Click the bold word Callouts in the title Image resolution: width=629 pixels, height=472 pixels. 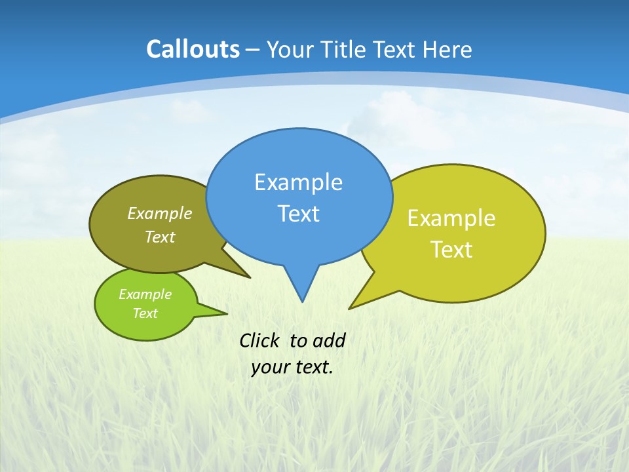pyautogui.click(x=193, y=49)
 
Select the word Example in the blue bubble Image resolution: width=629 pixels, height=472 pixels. pyautogui.click(x=298, y=182)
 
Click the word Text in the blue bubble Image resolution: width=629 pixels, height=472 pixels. pyautogui.click(x=298, y=213)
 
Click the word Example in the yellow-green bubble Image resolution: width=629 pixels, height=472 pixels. pyautogui.click(x=451, y=218)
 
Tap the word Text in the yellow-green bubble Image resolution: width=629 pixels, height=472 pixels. pyautogui.click(x=451, y=249)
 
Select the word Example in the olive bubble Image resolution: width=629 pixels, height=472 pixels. pyautogui.click(x=160, y=213)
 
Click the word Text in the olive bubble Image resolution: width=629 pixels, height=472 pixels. pyautogui.click(x=160, y=237)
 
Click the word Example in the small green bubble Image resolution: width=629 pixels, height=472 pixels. pyautogui.click(x=145, y=294)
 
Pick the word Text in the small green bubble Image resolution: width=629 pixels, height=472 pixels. pyautogui.click(x=145, y=313)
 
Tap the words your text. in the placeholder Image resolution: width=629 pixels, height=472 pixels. pyautogui.click(x=292, y=367)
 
